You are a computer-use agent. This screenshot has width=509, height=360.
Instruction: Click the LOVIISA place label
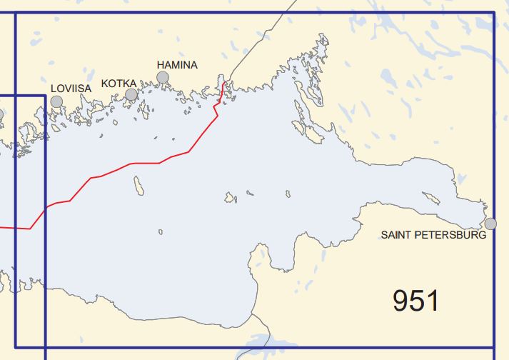71,89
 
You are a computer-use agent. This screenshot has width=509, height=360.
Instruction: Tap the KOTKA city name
119,84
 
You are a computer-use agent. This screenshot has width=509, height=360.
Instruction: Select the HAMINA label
176,65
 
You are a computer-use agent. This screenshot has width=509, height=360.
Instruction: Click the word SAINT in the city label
396,234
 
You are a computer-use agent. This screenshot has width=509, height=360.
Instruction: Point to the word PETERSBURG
450,234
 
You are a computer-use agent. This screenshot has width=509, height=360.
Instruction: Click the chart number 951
415,301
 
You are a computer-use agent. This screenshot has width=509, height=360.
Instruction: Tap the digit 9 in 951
401,301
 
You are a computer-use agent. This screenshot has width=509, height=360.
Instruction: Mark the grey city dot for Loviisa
56,101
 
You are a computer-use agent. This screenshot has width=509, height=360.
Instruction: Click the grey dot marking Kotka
131,94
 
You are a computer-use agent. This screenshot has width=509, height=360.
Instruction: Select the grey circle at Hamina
163,77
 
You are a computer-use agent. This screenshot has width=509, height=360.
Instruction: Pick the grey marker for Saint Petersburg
490,224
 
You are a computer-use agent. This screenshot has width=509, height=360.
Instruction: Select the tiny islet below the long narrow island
161,231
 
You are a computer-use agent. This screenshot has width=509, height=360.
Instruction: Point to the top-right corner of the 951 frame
494,12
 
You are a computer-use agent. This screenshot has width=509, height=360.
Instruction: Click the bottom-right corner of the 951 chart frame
494,347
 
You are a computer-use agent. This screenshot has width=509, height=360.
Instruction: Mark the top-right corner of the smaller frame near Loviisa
45,96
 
